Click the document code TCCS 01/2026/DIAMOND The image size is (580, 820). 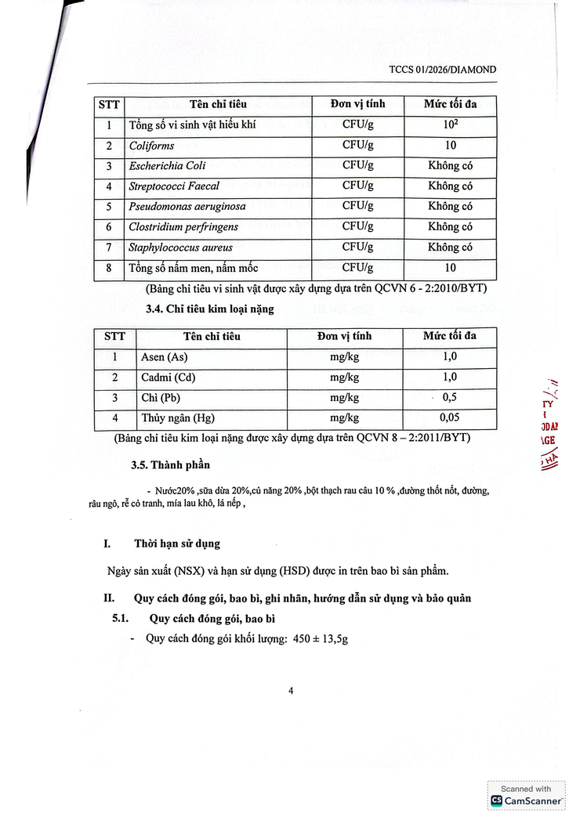442,70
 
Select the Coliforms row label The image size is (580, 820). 152,146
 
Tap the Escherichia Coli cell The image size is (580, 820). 167,166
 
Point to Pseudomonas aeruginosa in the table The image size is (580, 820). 187,207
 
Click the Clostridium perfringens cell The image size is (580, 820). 183,227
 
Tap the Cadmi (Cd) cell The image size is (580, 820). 168,377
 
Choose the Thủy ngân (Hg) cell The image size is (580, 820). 177,418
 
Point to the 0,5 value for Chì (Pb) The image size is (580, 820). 450,398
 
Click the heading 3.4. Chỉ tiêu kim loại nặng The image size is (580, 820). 209,309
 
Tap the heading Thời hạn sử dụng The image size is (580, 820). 177,543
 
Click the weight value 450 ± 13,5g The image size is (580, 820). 321,638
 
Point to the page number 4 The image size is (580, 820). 291,691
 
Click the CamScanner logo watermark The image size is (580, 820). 526,800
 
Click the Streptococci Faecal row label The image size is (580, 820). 174,186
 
